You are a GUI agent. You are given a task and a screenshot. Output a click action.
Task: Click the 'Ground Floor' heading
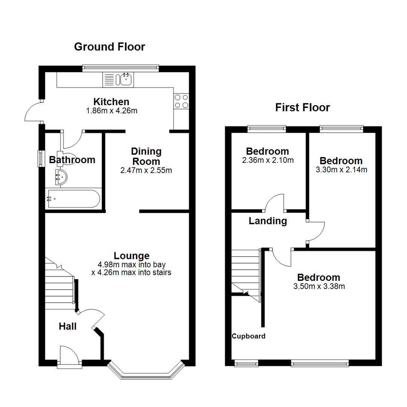(109, 47)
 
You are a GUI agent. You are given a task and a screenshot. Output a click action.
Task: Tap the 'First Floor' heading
(302, 108)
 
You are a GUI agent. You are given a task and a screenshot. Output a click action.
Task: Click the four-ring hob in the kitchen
(181, 101)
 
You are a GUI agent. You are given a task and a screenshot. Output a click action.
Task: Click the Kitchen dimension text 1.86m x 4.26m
(111, 111)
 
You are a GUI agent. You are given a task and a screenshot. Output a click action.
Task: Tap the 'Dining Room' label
(146, 156)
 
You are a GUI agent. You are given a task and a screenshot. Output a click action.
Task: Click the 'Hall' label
(68, 326)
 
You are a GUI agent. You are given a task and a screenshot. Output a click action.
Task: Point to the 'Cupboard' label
(248, 336)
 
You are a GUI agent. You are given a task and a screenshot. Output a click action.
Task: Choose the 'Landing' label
(268, 221)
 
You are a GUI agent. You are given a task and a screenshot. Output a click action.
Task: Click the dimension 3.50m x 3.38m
(319, 286)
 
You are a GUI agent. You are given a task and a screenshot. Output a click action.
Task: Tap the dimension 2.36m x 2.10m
(267, 160)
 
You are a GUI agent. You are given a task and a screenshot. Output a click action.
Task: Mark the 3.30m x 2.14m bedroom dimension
(341, 170)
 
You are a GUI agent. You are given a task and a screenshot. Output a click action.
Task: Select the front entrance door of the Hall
(69, 356)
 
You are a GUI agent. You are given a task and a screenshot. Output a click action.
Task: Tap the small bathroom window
(40, 159)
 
